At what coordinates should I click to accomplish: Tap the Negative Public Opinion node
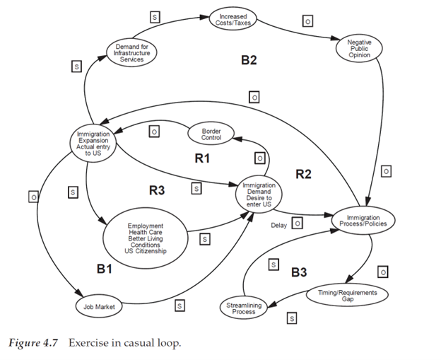click(x=359, y=49)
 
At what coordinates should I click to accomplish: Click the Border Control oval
click(x=211, y=134)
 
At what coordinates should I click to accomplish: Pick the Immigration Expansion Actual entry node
click(x=93, y=143)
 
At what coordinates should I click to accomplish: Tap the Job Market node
click(x=99, y=306)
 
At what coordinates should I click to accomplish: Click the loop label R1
click(x=202, y=158)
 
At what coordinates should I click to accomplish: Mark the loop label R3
click(x=157, y=190)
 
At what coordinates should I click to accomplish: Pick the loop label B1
click(x=105, y=269)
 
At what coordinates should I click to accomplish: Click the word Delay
click(x=278, y=226)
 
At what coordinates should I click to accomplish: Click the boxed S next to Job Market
click(x=180, y=306)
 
